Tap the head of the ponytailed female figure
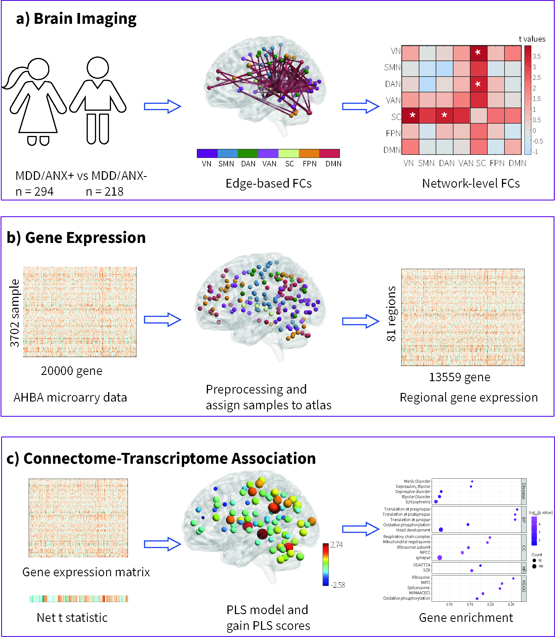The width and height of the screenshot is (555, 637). coord(38,69)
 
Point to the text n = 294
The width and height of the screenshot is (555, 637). coord(34,192)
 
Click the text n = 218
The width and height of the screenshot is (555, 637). coord(105,192)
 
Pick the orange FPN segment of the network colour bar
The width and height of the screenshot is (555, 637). coord(309,153)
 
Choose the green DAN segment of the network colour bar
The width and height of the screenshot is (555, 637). coord(248,153)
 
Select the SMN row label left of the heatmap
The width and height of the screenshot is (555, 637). coord(392,67)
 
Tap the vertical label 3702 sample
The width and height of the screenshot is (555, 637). coord(15,313)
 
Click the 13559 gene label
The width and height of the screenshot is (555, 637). coord(459,377)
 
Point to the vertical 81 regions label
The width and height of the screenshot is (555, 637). coord(391,314)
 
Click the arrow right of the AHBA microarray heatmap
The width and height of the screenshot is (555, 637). coord(162,320)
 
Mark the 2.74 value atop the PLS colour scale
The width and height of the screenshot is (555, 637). coord(337,545)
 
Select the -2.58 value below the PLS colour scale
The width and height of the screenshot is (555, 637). coord(338,585)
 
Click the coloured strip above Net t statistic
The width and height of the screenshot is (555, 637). coord(79,598)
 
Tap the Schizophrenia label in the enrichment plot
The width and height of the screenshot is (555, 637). coord(418,502)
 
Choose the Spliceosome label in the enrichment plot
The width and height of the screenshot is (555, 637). coord(418,587)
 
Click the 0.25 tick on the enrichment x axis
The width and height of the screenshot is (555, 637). coord(511,604)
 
